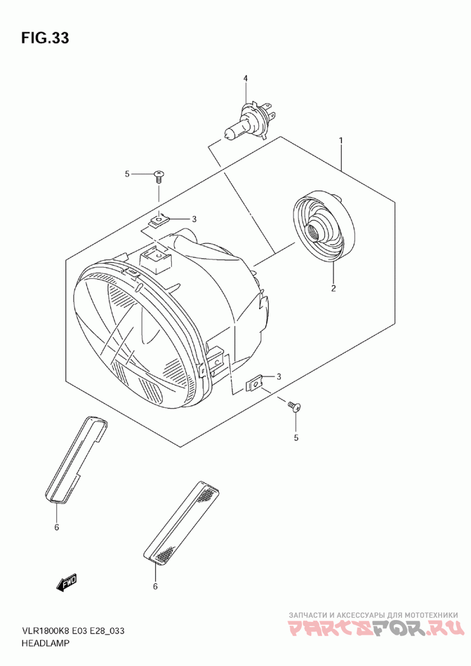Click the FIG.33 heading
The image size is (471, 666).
point(45,38)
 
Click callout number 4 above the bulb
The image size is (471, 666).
point(246,78)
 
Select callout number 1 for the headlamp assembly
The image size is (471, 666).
point(340,141)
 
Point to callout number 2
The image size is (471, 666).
point(333,288)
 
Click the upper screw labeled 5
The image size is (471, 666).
point(158,175)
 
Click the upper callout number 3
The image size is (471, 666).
point(194,219)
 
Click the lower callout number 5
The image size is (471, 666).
point(296,438)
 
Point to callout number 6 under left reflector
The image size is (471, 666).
point(57,527)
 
